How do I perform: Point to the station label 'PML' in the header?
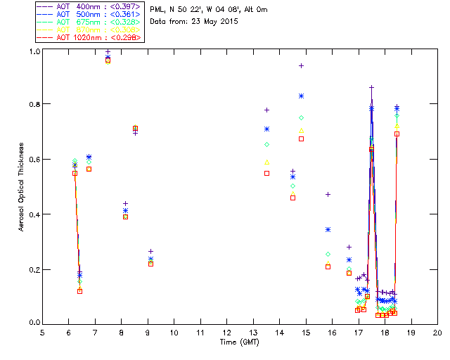coord(157,10)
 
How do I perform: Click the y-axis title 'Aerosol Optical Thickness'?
coord(22,188)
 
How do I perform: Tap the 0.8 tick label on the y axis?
coord(34,104)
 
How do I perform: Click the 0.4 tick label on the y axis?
coord(34,214)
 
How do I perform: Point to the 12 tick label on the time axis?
coord(226,332)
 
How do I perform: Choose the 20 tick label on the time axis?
coord(437,332)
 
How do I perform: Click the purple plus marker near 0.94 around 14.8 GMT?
coord(301,65)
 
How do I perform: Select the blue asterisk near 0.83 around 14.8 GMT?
coord(301,96)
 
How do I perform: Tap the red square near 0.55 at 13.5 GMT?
coord(266,173)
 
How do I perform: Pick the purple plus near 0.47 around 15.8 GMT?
coord(328,194)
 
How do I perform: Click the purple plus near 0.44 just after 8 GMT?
coord(125,203)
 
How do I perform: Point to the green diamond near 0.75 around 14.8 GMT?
coord(301,117)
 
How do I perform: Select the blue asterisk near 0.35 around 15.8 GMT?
coord(328,229)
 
